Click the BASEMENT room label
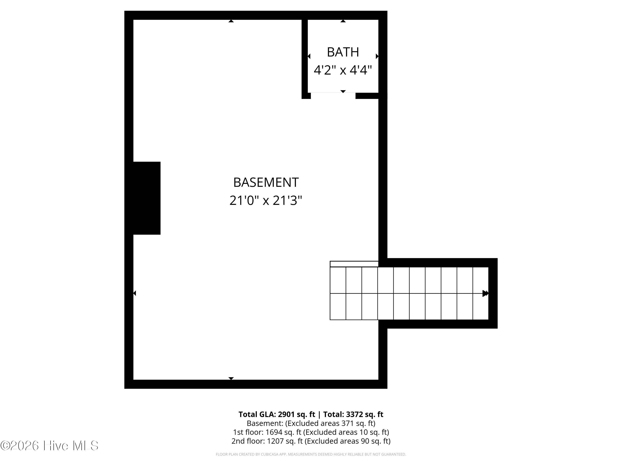point(266,182)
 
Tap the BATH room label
point(343,52)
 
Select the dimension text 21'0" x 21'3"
point(266,200)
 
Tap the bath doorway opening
point(333,96)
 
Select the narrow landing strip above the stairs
point(354,264)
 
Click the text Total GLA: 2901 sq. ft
point(277,414)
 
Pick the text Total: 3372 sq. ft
point(353,414)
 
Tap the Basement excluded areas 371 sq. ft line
point(311,423)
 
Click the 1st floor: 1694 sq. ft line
point(311,432)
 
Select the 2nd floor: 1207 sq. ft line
point(311,441)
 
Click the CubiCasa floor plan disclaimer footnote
point(311,454)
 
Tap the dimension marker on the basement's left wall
point(135,293)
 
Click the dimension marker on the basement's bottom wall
point(231,378)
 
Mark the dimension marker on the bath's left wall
point(309,56)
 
